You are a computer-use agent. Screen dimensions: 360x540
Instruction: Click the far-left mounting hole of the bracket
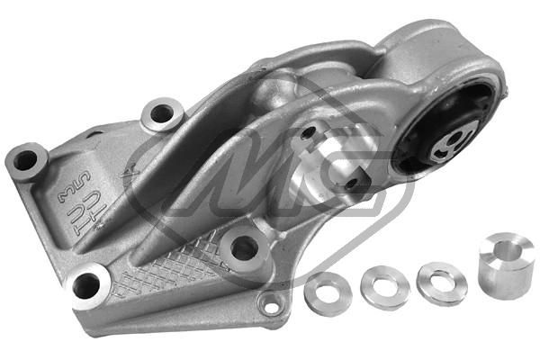coord(26,161)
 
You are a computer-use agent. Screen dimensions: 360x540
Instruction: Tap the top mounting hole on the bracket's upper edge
coord(162,114)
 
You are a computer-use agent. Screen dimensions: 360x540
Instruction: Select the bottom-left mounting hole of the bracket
coord(86,286)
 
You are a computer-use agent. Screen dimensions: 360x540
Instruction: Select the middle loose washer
coord(384,287)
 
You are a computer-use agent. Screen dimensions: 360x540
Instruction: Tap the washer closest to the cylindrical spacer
coord(442,282)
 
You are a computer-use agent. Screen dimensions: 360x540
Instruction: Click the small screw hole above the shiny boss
coord(309,132)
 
